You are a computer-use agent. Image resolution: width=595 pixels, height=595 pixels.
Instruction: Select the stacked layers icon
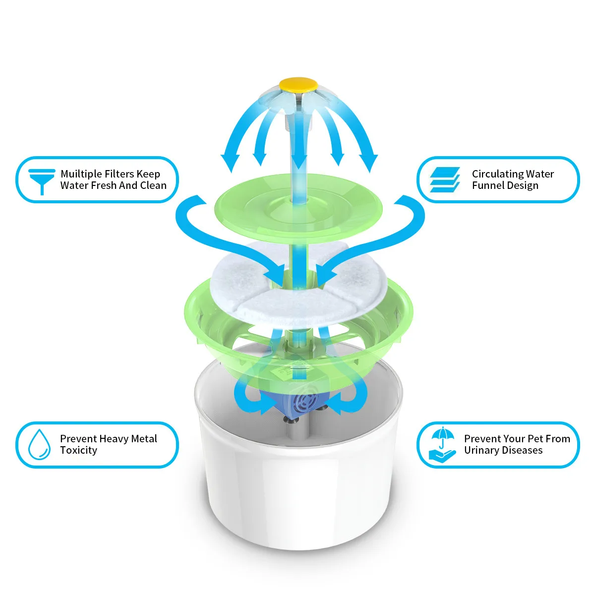[x=444, y=179]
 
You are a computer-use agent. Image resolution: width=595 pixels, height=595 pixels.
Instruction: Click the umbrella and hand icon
[x=442, y=445]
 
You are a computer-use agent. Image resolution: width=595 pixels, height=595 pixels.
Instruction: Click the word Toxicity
[x=78, y=450]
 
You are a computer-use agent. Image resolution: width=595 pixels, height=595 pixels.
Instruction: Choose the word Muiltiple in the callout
[x=82, y=174]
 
